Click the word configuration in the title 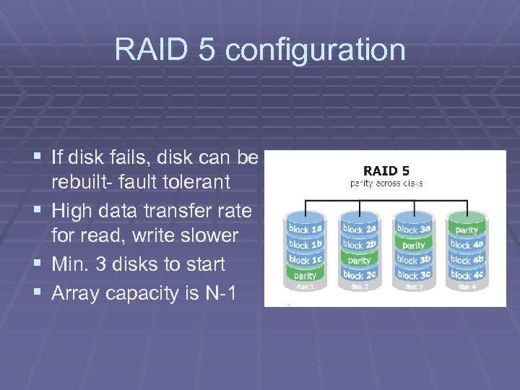[x=316, y=51]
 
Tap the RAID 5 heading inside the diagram [x=386, y=171]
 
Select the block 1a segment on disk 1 [x=305, y=229]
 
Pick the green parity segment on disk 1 [x=305, y=275]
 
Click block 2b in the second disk [x=359, y=245]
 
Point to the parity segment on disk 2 [x=359, y=260]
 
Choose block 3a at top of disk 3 [x=413, y=229]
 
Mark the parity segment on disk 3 [x=413, y=245]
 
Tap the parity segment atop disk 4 [x=467, y=229]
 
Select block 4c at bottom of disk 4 [x=467, y=275]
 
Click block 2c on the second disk [x=359, y=275]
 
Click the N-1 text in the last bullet [x=220, y=292]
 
